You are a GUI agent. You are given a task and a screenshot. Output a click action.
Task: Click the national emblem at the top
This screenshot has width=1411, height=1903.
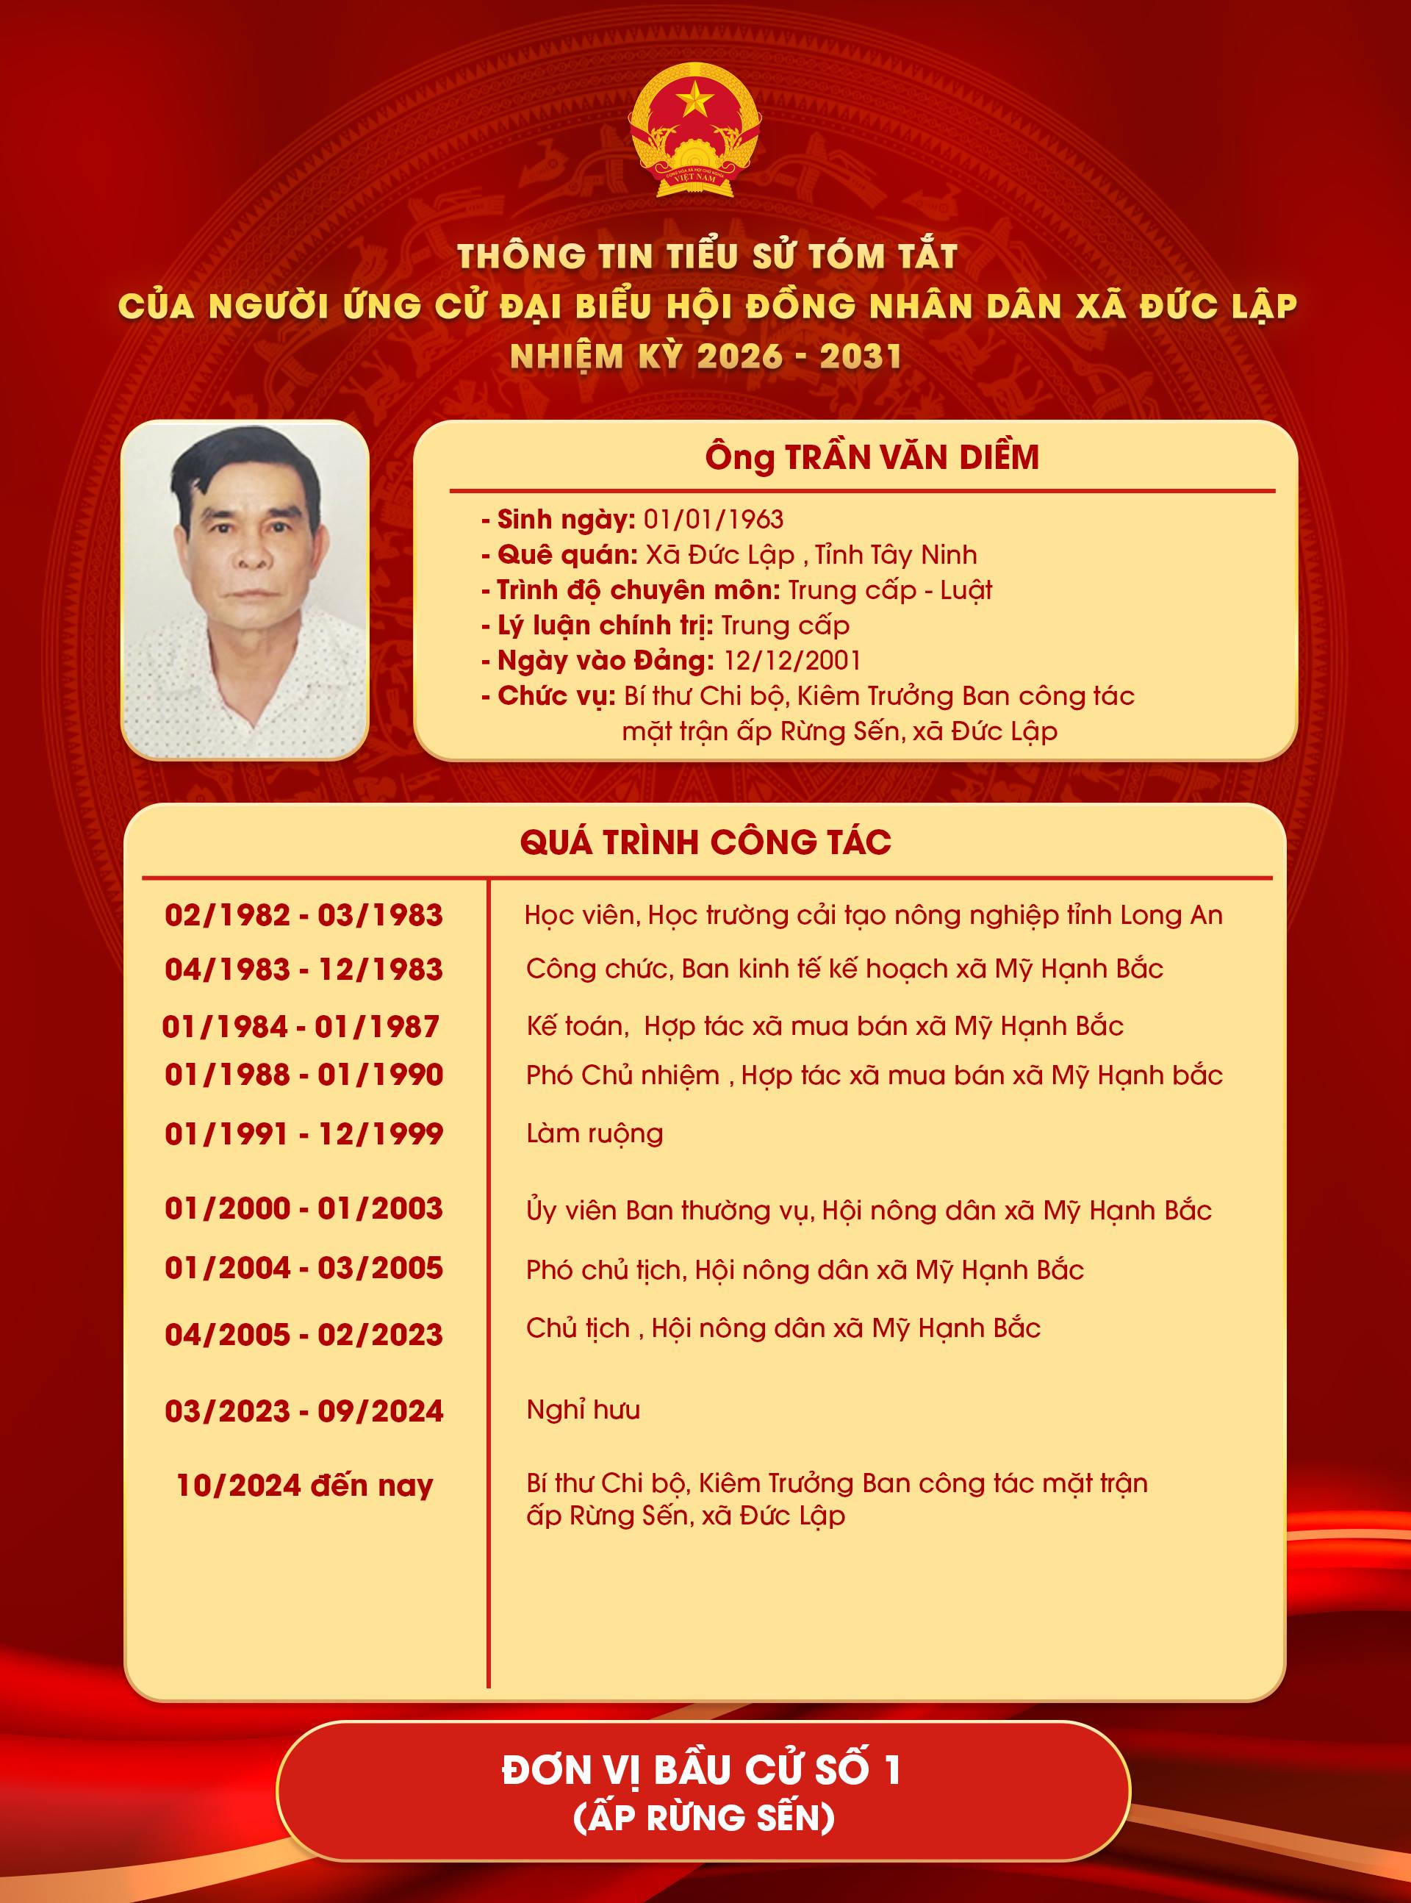point(694,130)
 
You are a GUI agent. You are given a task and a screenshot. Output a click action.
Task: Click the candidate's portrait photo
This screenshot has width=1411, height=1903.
point(245,589)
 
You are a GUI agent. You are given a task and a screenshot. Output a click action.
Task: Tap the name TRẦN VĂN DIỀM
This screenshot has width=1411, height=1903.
point(911,458)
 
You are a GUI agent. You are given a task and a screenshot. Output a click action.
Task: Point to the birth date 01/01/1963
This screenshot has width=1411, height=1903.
point(713,520)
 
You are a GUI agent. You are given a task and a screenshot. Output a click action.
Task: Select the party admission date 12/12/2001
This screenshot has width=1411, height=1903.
point(791,660)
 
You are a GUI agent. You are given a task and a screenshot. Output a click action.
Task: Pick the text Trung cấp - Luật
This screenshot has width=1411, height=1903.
point(889,590)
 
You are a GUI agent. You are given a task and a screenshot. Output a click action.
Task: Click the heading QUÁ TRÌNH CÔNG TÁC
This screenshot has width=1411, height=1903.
point(705,842)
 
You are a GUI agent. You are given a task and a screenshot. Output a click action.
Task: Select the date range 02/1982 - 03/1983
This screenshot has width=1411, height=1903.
point(304,915)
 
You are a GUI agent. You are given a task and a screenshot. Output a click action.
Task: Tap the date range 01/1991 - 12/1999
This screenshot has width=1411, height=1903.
point(304,1133)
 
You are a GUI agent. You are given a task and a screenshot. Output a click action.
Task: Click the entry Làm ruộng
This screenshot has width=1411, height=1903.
point(595,1133)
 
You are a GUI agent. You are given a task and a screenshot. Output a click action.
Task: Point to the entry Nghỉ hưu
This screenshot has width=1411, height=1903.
point(584,1409)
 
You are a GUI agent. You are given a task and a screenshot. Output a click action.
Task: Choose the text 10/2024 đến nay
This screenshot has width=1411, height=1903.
point(304,1486)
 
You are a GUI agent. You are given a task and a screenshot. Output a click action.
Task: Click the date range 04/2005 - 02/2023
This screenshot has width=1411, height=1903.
point(304,1334)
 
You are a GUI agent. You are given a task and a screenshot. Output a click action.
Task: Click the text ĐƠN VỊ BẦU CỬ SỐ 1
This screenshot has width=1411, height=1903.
point(701,1769)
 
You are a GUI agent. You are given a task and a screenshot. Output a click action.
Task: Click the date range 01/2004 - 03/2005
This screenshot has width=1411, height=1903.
point(304,1267)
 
